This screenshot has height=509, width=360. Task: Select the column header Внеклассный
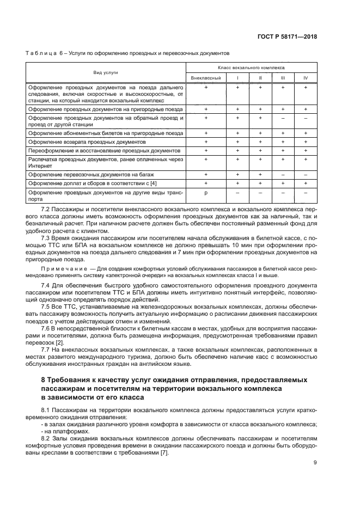pos(206,78)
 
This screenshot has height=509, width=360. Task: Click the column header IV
pos(305,78)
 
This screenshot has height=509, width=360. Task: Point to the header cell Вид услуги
pos(106,72)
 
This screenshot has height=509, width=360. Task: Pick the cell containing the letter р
pos(206,193)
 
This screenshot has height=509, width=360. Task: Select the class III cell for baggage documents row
pos(283,174)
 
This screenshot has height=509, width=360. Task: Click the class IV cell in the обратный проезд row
pos(305,118)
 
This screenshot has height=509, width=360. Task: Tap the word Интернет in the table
pos(40,165)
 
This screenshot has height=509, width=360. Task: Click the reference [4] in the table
pos(153,183)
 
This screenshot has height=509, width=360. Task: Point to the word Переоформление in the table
pos(51,150)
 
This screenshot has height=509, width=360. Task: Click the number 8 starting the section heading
pos(44,379)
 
